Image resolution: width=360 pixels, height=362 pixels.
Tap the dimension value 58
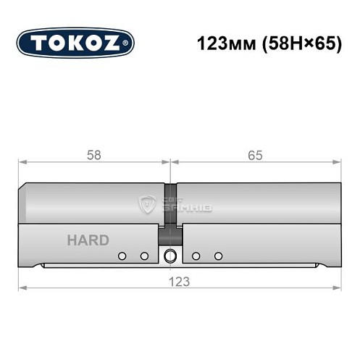pos(93,155)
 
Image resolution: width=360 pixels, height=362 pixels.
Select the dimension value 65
pos(254,155)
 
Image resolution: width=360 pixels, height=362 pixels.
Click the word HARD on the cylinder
pos(88,240)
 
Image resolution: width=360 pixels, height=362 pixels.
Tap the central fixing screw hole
pos(171,256)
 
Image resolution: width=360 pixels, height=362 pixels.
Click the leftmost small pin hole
pos(122,256)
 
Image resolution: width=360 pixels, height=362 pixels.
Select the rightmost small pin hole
pos(218,256)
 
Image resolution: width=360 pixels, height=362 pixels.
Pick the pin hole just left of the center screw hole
pos(144,256)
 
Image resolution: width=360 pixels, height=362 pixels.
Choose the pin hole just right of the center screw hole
pos(196,256)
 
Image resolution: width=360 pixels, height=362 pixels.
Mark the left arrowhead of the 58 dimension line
pos(22,163)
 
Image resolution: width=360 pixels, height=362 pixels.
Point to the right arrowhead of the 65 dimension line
pos(337,163)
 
